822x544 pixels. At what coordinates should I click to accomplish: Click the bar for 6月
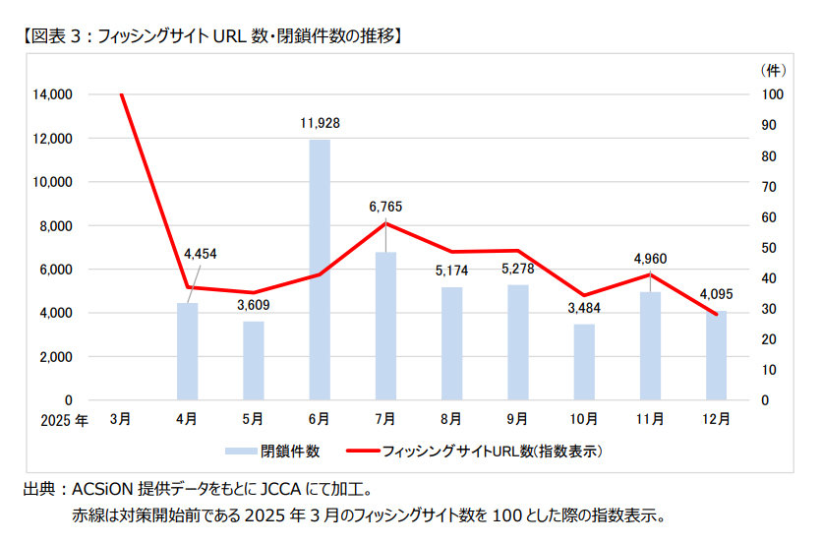(x=320, y=271)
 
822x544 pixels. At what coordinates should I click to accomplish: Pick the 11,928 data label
(x=320, y=124)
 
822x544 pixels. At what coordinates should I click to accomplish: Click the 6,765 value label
(x=385, y=207)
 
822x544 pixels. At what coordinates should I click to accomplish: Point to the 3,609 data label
(x=253, y=305)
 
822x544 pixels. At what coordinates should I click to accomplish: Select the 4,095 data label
(x=716, y=293)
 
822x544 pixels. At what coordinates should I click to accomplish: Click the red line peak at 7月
(x=385, y=223)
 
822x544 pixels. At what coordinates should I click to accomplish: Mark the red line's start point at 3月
(x=121, y=94)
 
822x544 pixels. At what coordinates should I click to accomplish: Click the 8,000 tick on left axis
(x=55, y=225)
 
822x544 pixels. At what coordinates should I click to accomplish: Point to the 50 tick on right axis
(x=771, y=248)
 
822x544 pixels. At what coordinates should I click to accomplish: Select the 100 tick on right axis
(x=773, y=94)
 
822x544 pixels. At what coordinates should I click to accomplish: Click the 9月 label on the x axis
(x=517, y=418)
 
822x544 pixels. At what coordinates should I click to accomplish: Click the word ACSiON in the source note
(x=102, y=489)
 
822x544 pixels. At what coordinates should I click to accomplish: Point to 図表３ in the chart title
(x=56, y=36)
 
